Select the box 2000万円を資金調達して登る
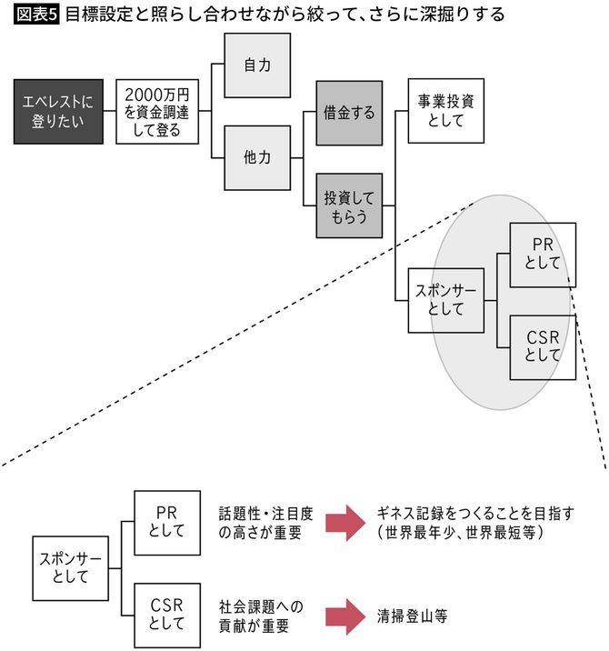[157, 111]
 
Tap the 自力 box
[257, 65]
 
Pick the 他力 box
[257, 157]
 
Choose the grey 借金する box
[349, 113]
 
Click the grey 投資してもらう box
[349, 205]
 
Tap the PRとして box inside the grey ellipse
[543, 254]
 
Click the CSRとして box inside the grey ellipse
[543, 347]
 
